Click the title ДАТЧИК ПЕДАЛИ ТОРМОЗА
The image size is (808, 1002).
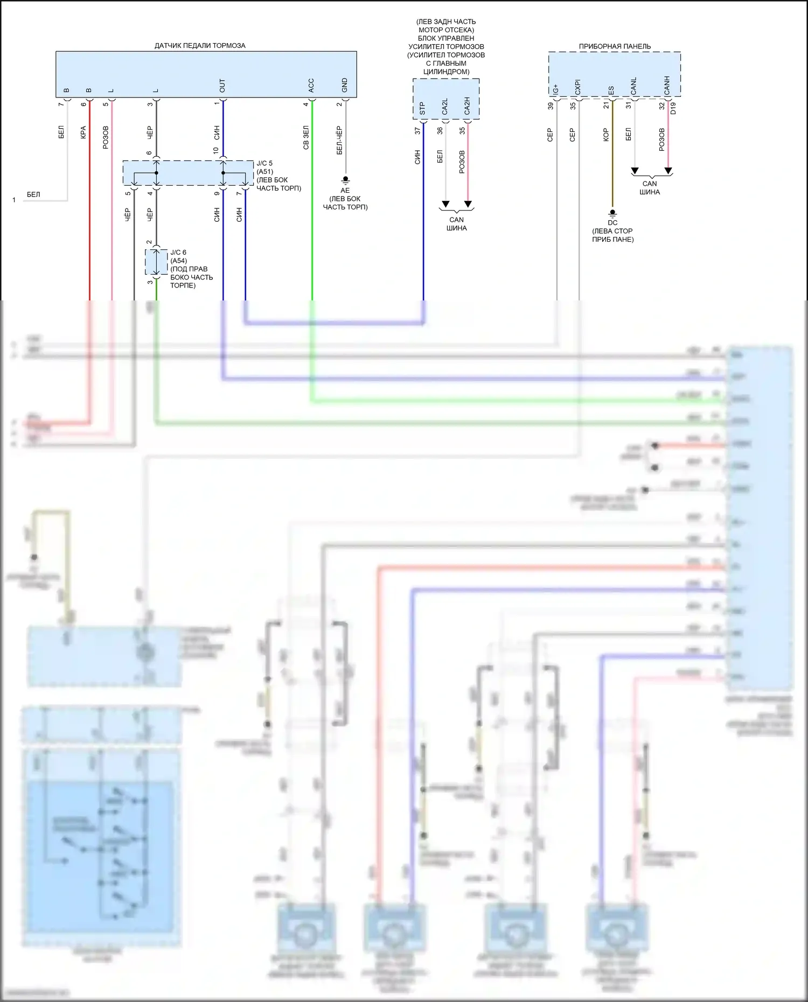tap(200, 46)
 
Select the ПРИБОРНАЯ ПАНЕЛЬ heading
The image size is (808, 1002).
tap(615, 46)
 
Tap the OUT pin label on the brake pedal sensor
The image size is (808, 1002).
tap(222, 85)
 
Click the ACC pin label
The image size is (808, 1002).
tap(311, 85)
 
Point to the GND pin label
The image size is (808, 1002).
tap(344, 85)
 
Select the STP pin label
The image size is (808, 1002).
tap(422, 108)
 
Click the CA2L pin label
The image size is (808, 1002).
tap(445, 107)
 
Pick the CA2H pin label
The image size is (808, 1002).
tap(467, 106)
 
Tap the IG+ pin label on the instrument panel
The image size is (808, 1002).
tap(556, 89)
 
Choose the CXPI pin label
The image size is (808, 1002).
tap(578, 87)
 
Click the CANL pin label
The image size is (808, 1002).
tap(633, 86)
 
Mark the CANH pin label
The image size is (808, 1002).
tap(667, 86)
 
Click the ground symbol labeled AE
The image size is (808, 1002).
tap(345, 180)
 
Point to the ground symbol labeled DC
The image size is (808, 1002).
tap(612, 213)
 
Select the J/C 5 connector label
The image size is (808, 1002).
tap(264, 163)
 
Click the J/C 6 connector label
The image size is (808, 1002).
tap(178, 253)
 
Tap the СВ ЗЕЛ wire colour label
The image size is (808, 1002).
tap(306, 138)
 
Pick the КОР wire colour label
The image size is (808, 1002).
tap(606, 135)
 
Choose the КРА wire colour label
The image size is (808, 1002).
tap(83, 132)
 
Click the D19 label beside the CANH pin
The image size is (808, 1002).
tap(673, 108)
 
